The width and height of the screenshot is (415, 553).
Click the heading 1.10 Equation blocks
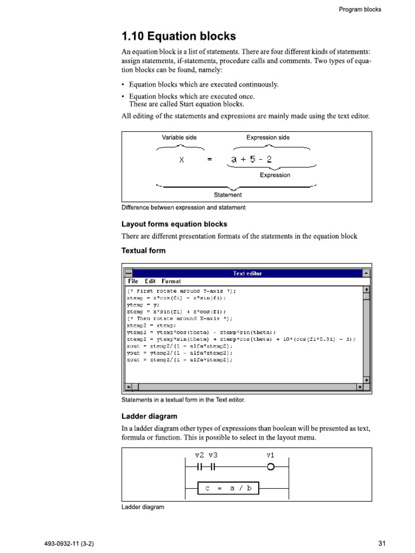179,37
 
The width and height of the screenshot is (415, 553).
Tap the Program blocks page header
360,9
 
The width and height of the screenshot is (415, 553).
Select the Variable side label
179,138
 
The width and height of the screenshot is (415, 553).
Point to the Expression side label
268,138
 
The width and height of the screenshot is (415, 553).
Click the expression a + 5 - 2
252,159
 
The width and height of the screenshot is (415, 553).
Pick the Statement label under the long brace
228,195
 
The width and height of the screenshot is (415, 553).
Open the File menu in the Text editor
132,281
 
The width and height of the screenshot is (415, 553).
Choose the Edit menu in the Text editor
150,281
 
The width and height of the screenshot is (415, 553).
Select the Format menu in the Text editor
171,281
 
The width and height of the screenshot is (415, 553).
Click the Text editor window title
247,273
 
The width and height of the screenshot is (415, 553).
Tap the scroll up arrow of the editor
367,290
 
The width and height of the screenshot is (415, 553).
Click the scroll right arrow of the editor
359,387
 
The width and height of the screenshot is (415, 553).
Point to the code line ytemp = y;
139,305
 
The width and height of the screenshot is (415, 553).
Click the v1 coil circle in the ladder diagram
271,467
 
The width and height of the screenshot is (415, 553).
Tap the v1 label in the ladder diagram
271,455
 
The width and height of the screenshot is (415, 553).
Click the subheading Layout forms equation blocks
175,224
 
